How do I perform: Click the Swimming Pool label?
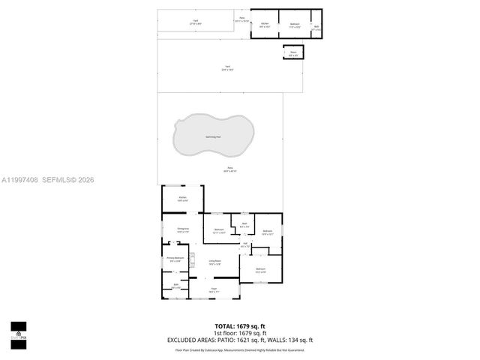click(213, 137)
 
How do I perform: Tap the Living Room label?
click(214, 262)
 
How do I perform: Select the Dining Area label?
click(182, 229)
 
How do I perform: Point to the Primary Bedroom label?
click(174, 259)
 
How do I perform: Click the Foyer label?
click(214, 289)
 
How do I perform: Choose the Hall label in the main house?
click(245, 244)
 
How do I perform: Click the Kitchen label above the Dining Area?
click(182, 198)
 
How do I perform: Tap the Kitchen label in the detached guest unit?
click(264, 24)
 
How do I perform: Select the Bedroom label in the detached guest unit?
click(295, 24)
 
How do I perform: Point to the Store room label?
click(293, 54)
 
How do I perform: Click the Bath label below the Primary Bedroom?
click(176, 286)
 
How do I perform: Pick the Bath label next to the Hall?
click(244, 225)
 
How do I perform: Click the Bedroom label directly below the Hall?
click(260, 269)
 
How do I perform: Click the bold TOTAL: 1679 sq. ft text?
click(240, 326)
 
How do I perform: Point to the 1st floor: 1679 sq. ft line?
click(240, 333)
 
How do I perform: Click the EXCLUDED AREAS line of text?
click(240, 340)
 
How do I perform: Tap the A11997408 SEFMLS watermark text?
click(47, 180)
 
